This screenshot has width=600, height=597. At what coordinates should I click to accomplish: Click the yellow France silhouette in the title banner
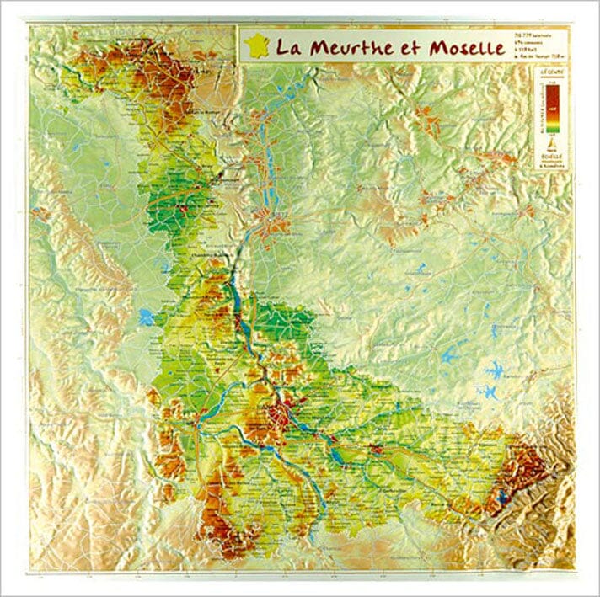pos(256,44)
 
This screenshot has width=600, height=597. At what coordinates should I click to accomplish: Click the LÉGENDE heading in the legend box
pos(552,73)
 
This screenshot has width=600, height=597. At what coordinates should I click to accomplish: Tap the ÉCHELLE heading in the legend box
pos(552,157)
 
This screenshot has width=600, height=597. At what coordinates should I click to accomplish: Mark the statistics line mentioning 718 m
pos(539,56)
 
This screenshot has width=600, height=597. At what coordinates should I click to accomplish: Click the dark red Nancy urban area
pos(281,413)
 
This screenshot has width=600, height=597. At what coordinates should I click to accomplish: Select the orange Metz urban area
pos(271,224)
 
